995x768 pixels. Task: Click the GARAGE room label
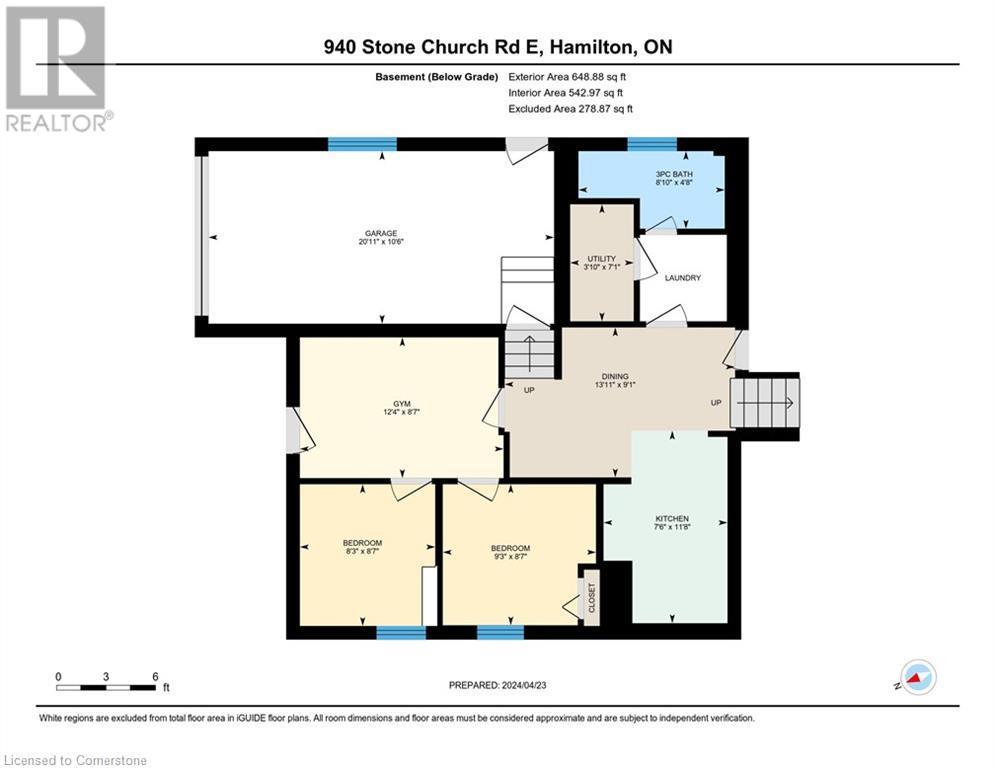[x=381, y=233]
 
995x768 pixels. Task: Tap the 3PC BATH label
[x=674, y=174]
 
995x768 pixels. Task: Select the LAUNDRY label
[x=683, y=278]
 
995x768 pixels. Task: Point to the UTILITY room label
[x=602, y=259]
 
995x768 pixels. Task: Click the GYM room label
[x=402, y=404]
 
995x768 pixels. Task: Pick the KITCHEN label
[x=672, y=519]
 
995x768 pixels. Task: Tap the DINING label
[x=615, y=376]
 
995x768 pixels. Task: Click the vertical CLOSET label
[x=592, y=598]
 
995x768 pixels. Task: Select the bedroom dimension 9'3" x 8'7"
[x=511, y=557]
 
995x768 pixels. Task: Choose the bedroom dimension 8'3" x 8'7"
[x=362, y=552]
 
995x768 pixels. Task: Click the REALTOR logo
[x=58, y=69]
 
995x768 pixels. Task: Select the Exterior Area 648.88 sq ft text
[x=567, y=77]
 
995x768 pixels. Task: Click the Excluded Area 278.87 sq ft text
[x=570, y=109]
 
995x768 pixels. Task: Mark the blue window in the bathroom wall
[x=652, y=144]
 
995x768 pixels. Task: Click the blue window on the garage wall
[x=362, y=144]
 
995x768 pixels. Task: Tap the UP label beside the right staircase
[x=716, y=403]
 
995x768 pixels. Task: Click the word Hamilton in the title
[x=593, y=47]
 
